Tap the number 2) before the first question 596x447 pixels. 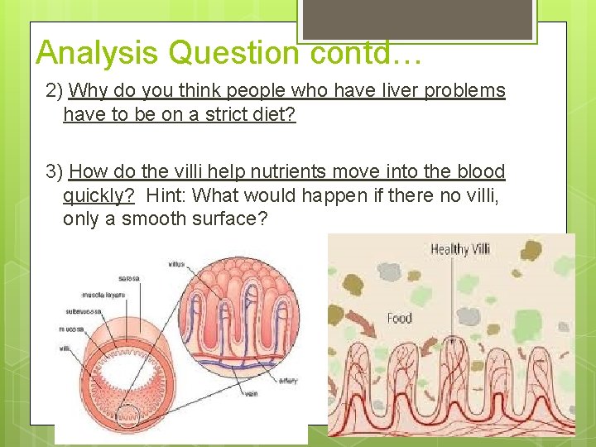click(x=55, y=90)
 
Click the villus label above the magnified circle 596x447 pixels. click(x=176, y=265)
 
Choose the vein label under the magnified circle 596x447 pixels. click(x=251, y=394)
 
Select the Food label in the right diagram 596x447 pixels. click(x=400, y=318)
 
